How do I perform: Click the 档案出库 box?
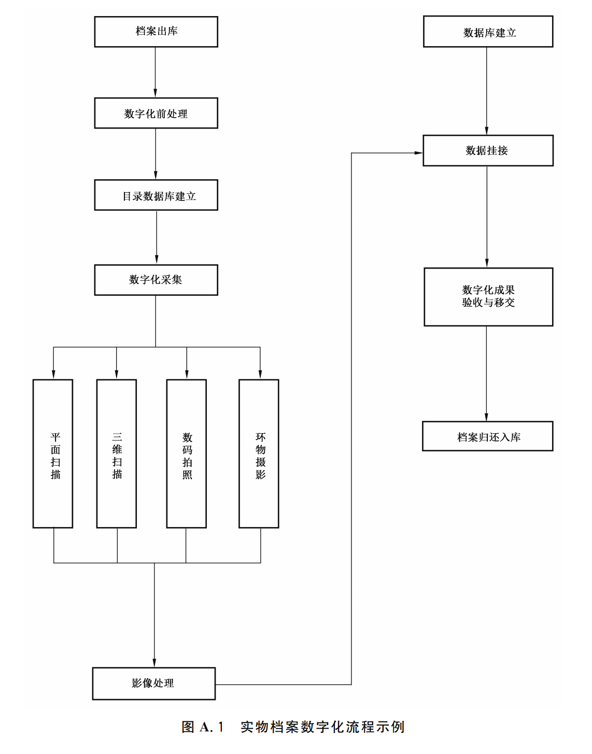(156, 32)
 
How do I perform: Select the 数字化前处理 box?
(156, 113)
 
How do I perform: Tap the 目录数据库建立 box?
(156, 195)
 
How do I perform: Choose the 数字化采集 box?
(156, 280)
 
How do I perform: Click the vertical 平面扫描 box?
(53, 453)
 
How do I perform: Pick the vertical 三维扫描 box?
(117, 453)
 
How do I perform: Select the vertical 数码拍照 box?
(187, 453)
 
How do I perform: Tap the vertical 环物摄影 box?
(259, 453)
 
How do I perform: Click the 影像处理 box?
(154, 684)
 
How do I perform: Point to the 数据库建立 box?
(488, 32)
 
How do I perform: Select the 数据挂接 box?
(488, 151)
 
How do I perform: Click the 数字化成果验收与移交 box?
(488, 297)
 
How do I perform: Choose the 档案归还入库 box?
(488, 436)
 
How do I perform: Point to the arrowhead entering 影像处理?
(154, 663)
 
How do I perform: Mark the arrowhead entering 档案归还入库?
(486, 417)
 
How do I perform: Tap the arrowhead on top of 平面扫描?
(53, 374)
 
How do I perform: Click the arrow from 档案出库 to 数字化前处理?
(156, 72)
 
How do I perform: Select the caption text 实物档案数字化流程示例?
(322, 727)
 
